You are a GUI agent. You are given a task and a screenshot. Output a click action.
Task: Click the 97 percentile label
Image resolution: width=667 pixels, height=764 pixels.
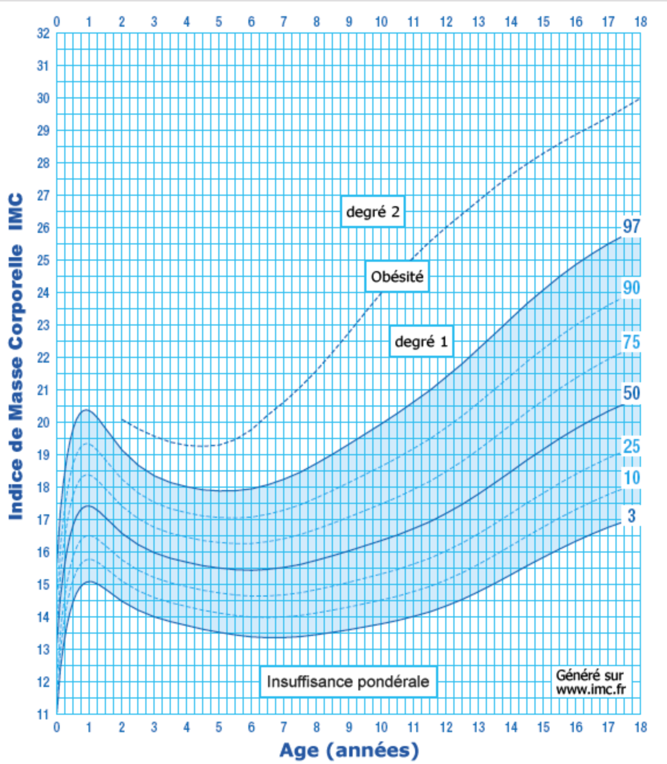point(631,226)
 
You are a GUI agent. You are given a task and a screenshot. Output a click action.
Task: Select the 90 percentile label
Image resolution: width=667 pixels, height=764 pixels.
point(631,287)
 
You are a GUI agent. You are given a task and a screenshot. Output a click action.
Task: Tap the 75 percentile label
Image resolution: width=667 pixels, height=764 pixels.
point(631,342)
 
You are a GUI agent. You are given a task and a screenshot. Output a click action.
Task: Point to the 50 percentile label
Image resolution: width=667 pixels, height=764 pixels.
point(631,393)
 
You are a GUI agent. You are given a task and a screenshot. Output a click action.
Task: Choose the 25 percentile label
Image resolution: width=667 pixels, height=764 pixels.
point(631,446)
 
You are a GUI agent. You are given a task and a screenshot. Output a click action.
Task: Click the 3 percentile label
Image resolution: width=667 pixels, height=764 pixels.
point(631,516)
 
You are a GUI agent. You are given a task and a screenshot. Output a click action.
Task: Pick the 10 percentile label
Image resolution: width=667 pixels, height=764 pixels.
point(631,478)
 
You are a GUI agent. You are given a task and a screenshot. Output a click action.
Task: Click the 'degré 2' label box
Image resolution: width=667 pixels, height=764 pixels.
point(372,211)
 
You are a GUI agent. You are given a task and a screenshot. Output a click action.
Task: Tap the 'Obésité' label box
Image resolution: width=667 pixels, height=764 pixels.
point(397,276)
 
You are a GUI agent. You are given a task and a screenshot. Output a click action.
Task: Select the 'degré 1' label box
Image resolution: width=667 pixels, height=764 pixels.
point(421,341)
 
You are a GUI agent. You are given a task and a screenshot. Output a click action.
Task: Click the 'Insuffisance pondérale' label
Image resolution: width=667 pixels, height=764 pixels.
point(348,682)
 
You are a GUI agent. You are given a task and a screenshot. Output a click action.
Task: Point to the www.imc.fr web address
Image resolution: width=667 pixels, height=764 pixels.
point(591,689)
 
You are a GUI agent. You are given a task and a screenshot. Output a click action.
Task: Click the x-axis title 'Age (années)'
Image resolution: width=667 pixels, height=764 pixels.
point(349,750)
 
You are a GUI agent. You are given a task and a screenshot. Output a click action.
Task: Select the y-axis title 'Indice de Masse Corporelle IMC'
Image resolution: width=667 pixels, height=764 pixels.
point(16,356)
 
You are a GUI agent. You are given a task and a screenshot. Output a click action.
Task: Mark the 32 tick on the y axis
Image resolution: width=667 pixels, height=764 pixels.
point(43,33)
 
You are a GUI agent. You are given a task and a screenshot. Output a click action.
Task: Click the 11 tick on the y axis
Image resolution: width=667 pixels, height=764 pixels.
point(43,714)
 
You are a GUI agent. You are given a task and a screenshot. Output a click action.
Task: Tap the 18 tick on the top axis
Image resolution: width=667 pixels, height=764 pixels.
point(640,21)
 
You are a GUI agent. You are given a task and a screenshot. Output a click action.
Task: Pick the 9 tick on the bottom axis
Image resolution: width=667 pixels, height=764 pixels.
point(349,728)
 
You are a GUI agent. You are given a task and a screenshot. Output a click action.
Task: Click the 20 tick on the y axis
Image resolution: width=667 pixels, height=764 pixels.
point(43,422)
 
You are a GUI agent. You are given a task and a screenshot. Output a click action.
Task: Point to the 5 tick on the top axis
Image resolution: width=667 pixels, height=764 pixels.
point(219,21)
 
